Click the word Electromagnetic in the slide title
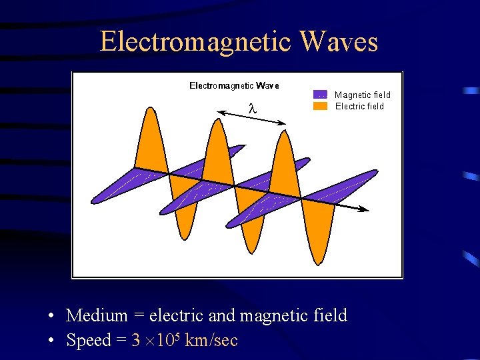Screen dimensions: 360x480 click(195, 42)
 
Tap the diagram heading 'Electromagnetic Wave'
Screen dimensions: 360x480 click(234, 85)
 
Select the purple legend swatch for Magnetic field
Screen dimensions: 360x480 click(320, 95)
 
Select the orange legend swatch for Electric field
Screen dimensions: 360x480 click(320, 106)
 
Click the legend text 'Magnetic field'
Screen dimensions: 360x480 click(362, 95)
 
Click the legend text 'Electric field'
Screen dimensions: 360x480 click(359, 106)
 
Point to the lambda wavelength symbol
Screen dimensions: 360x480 click(251, 107)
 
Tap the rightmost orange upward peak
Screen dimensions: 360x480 click(285, 140)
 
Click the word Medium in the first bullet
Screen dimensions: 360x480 click(97, 315)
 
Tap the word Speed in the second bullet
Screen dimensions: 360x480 click(88, 341)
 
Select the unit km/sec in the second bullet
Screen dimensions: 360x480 click(211, 341)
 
